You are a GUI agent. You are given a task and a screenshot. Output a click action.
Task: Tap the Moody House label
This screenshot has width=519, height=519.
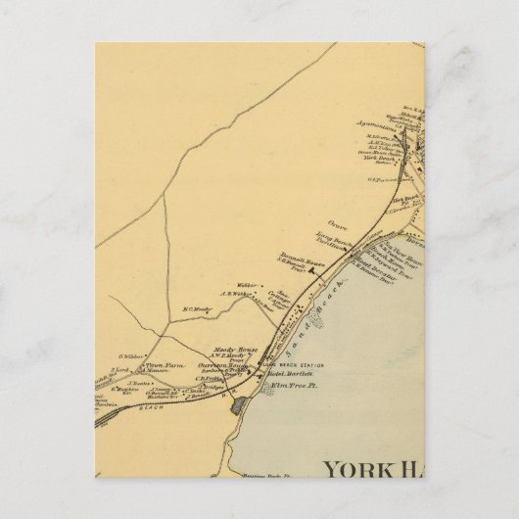pyautogui.click(x=226, y=350)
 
